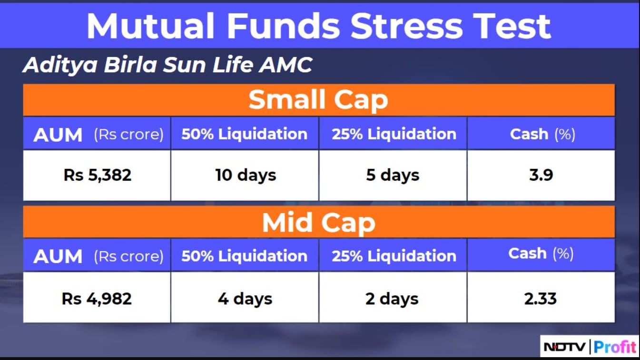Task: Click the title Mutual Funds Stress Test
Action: point(318,26)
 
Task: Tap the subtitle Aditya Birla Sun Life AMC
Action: point(167,65)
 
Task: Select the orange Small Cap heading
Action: point(318,100)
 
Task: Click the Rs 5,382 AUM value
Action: point(98,175)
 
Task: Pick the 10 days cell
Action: point(246,175)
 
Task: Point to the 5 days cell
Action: point(393,175)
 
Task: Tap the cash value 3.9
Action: point(541,175)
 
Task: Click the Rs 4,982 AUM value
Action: point(97,299)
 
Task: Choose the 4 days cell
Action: point(245,299)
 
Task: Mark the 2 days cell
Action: point(392,299)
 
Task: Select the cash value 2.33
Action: point(540,299)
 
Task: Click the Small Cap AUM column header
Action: point(98,134)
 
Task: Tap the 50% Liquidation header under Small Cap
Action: point(244,134)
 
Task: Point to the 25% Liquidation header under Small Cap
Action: point(394,134)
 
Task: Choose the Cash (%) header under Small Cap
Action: point(542,134)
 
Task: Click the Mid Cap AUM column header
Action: point(98,256)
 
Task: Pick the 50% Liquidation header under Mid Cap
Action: point(244,256)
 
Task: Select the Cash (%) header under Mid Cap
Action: point(541,253)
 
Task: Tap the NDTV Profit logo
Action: point(590,347)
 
